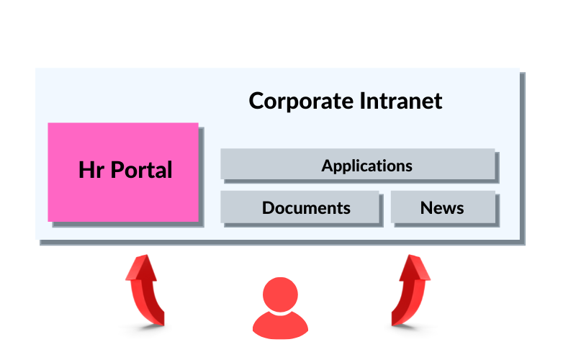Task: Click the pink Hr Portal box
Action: tap(123, 171)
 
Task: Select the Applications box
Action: tap(358, 164)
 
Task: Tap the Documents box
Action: tap(300, 207)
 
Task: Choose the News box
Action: tap(443, 207)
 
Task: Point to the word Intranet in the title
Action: tap(400, 101)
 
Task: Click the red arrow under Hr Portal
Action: tap(145, 292)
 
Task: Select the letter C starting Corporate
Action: tap(256, 101)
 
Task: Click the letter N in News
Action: tap(426, 208)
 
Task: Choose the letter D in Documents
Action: tap(269, 208)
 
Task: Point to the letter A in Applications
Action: tap(328, 166)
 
